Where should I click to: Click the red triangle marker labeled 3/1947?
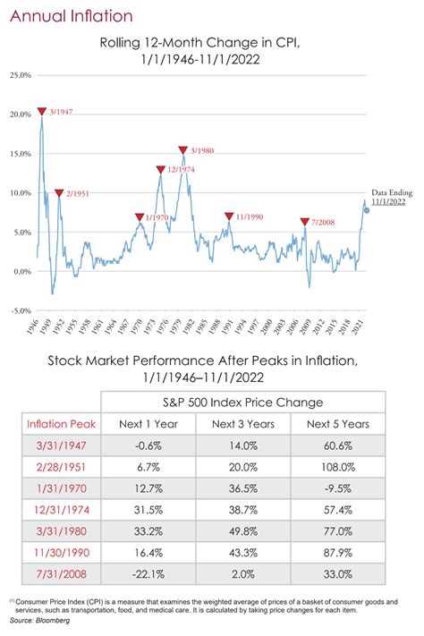coord(41,112)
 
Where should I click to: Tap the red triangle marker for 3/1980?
coord(182,151)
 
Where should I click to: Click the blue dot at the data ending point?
coord(367,211)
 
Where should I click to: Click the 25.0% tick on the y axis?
coord(17,75)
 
